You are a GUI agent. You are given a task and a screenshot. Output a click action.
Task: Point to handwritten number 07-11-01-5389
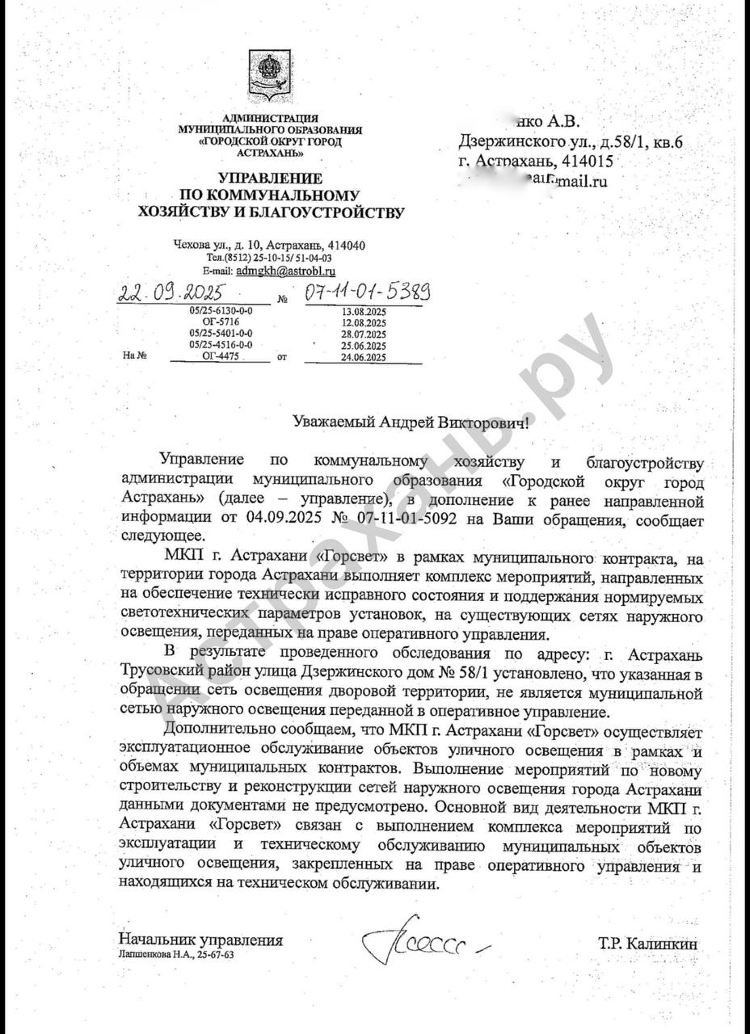tap(366, 291)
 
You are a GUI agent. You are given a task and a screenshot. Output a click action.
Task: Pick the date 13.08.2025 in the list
tap(364, 310)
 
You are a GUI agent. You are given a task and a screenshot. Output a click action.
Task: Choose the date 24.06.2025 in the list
tap(364, 356)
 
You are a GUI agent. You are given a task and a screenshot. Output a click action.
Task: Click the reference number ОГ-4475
tap(221, 354)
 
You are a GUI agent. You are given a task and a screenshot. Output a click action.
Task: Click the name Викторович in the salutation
tap(475, 422)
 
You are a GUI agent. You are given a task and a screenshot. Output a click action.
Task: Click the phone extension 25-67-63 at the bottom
tap(217, 954)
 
